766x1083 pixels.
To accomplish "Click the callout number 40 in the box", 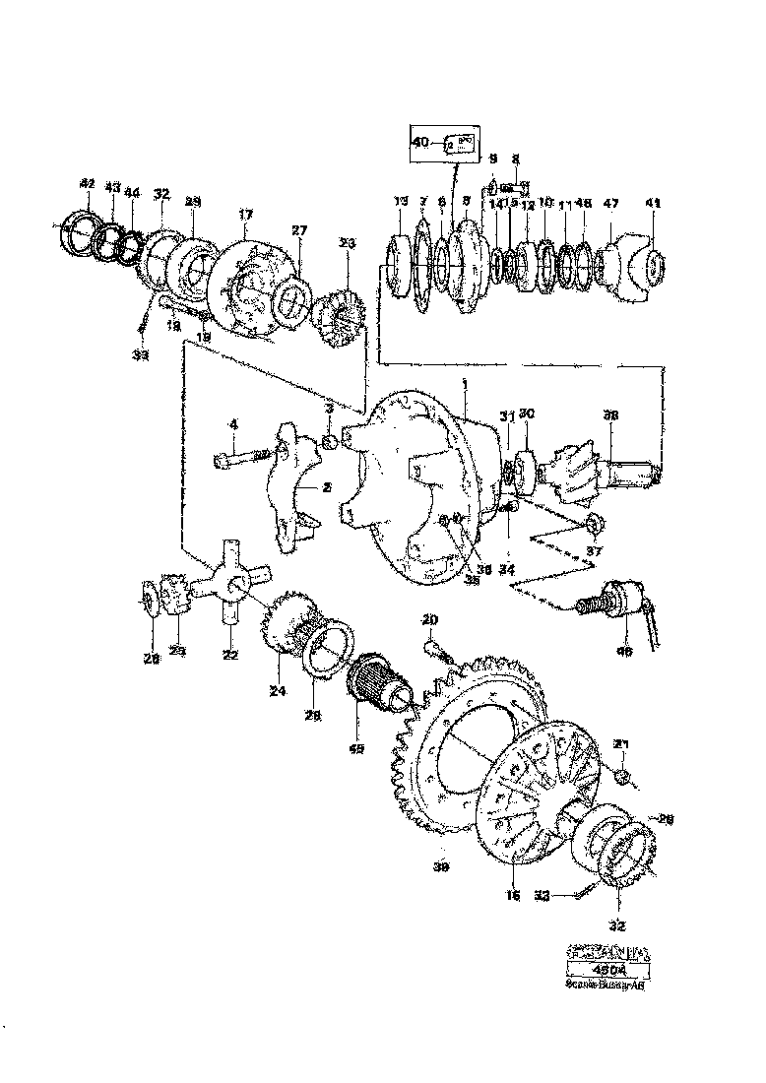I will [x=421, y=144].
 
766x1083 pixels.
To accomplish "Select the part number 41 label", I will [x=653, y=204].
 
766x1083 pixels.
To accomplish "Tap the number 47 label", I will [x=611, y=204].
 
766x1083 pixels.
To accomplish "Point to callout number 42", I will [x=87, y=184].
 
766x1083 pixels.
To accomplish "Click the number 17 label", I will [x=244, y=214].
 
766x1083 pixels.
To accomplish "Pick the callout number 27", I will [x=298, y=229].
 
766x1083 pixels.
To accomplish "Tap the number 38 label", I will [x=610, y=416].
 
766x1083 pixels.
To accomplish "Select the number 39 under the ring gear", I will [x=441, y=868].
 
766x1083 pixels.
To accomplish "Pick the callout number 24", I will [x=278, y=692].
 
